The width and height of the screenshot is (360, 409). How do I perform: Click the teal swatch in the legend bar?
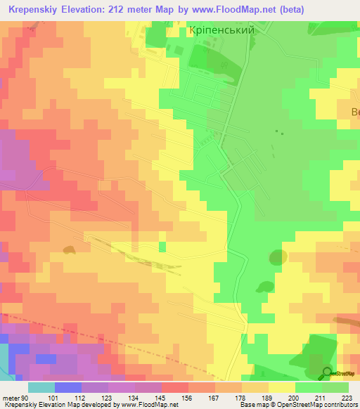coord(41,387)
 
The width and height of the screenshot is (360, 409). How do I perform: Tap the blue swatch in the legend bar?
coord(67,387)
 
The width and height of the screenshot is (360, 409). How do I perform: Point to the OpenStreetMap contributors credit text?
coord(320,405)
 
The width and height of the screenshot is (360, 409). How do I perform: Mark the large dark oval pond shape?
coord(278,257)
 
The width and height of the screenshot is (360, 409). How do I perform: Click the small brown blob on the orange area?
coord(69,249)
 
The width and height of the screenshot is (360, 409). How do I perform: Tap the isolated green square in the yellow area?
coord(162,245)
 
